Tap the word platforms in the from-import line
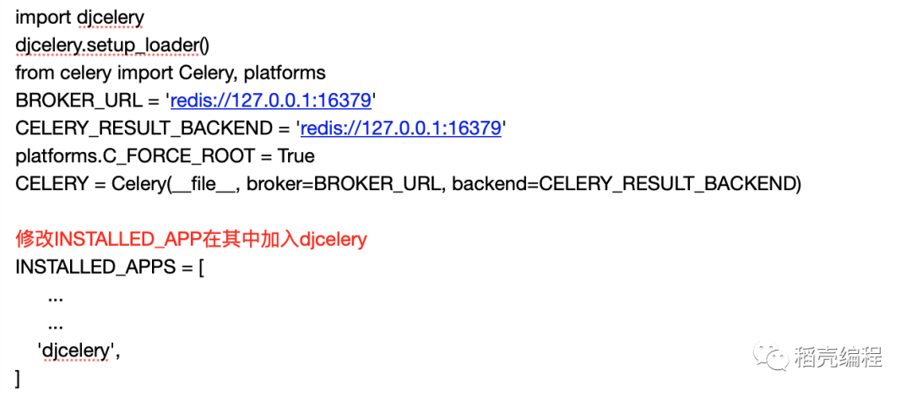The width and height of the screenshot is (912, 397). pyautogui.click(x=285, y=73)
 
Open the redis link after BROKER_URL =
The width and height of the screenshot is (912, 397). pyautogui.click(x=271, y=101)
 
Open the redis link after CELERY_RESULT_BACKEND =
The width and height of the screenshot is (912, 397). pyautogui.click(x=401, y=128)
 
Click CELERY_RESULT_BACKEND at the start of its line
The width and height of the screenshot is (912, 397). pyautogui.click(x=147, y=128)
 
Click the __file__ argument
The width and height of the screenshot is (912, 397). pyautogui.click(x=202, y=184)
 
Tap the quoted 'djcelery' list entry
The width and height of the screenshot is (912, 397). pyautogui.click(x=77, y=350)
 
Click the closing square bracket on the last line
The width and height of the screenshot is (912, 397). pyautogui.click(x=18, y=378)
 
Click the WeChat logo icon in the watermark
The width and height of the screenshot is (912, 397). pyautogui.click(x=773, y=357)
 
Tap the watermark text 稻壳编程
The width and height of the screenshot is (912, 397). pyautogui.click(x=839, y=357)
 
